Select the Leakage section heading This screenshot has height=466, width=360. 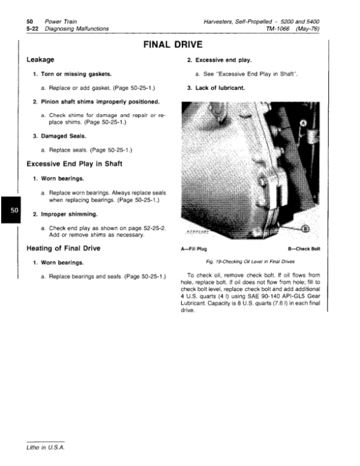pos(41,60)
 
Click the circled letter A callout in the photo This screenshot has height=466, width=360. pos(303,123)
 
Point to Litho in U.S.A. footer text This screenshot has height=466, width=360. pos(44,448)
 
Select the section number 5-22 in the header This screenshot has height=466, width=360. pos(26,28)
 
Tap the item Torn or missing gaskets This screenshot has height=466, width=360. pos(75,74)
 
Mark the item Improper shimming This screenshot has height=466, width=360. pos(68,213)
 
